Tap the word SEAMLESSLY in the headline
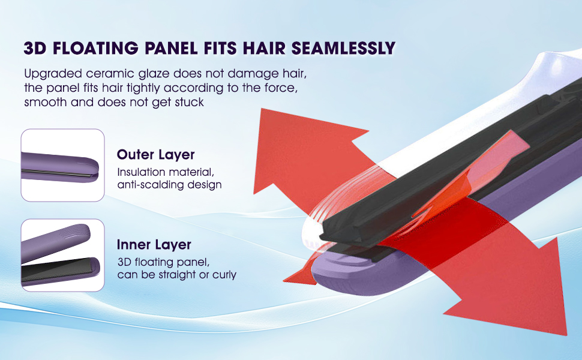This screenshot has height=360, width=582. point(343,48)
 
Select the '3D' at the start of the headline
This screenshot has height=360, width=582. point(35,48)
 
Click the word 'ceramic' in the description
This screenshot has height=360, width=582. point(110,73)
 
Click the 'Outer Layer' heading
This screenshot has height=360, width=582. point(155,154)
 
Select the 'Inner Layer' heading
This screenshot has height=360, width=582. point(154,244)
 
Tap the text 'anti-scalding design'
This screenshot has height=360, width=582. point(169,184)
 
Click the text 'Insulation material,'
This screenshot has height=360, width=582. point(166,172)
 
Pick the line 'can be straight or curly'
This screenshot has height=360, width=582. point(176,275)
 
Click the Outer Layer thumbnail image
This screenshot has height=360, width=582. point(63,165)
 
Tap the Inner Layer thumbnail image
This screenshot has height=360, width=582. point(63,255)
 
